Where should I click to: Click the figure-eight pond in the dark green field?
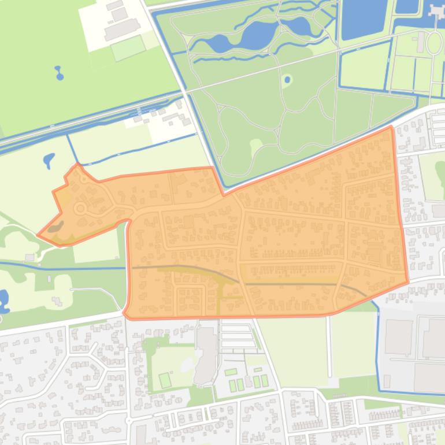pyautogui.click(x=58, y=73)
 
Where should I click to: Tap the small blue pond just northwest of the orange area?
pyautogui.click(x=49, y=160)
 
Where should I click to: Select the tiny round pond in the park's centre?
pyautogui.click(x=287, y=79)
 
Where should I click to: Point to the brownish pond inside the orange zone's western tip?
pyautogui.click(x=55, y=228)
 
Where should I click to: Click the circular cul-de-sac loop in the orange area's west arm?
pyautogui.click(x=80, y=208)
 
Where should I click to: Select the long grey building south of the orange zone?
pyautogui.click(x=205, y=355)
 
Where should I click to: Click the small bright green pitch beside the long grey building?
pyautogui.click(x=165, y=380)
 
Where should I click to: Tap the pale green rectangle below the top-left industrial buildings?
pyautogui.click(x=128, y=49)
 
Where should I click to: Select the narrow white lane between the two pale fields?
pyautogui.click(x=329, y=347)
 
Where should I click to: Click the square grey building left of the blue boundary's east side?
pyautogui.click(x=398, y=337)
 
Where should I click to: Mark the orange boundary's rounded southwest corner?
pyautogui.click(x=126, y=314)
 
